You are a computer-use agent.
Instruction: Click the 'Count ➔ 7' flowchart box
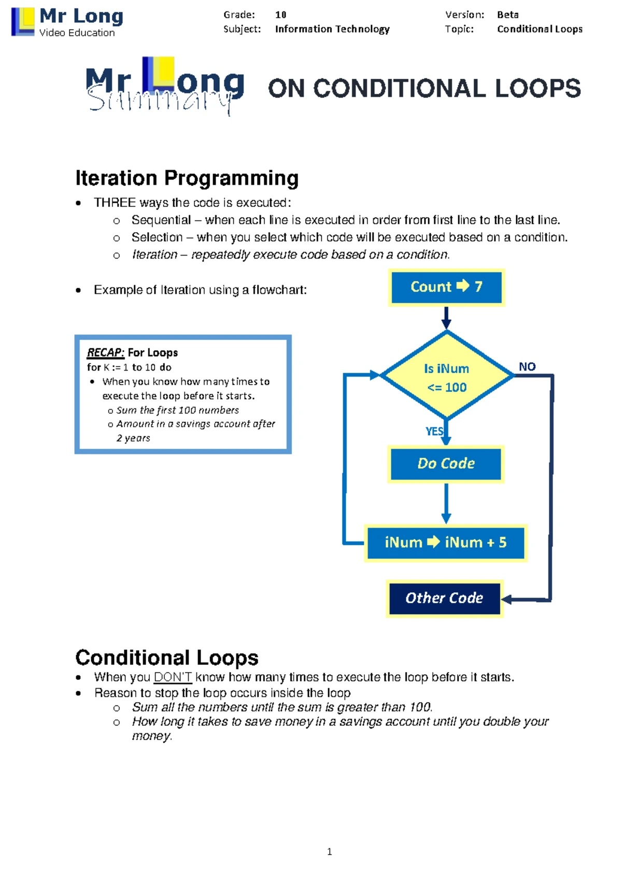click(446, 287)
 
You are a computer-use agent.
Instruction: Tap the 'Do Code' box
click(446, 463)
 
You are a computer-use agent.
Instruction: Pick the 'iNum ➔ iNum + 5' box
click(446, 543)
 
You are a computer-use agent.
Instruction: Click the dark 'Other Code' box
click(444, 598)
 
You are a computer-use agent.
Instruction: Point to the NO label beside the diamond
click(527, 367)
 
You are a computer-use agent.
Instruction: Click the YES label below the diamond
click(434, 431)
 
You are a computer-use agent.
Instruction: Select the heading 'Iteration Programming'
click(187, 178)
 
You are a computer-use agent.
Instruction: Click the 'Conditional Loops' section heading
click(166, 657)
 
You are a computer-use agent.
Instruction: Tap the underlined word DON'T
click(173, 677)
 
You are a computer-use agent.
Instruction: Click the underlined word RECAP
click(105, 352)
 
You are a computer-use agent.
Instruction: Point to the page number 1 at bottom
click(330, 852)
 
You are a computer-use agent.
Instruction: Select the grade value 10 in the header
click(281, 15)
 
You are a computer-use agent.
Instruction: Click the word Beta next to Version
click(507, 15)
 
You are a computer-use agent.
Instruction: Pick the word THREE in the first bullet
click(115, 203)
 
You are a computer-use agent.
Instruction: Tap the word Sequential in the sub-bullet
click(161, 220)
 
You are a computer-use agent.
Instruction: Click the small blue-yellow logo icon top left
click(22, 22)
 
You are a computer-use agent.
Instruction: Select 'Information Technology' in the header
click(332, 29)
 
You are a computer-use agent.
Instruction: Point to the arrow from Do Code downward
click(446, 503)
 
